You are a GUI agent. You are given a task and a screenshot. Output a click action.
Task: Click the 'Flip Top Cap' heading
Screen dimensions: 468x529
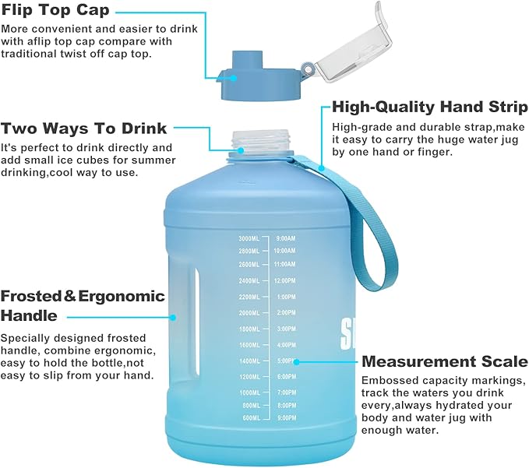tap(55, 11)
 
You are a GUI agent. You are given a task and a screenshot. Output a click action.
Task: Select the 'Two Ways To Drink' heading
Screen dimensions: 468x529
tap(84, 128)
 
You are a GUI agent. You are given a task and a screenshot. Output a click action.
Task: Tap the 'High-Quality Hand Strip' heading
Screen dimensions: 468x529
tap(429, 107)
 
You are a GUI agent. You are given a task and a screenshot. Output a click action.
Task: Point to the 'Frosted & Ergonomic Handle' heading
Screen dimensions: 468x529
tap(83, 305)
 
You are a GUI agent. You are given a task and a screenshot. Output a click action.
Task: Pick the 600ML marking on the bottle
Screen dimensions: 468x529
tap(250, 418)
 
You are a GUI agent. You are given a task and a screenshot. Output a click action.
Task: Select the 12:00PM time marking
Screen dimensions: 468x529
tap(285, 280)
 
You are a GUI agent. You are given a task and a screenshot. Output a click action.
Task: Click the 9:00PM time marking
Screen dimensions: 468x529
tap(286, 418)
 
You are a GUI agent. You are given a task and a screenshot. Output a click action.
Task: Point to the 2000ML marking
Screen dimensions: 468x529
tap(249, 312)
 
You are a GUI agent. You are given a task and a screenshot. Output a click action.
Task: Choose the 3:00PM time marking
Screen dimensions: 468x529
tap(286, 329)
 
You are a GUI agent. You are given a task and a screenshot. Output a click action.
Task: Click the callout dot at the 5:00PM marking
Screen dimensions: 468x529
tap(298, 361)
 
